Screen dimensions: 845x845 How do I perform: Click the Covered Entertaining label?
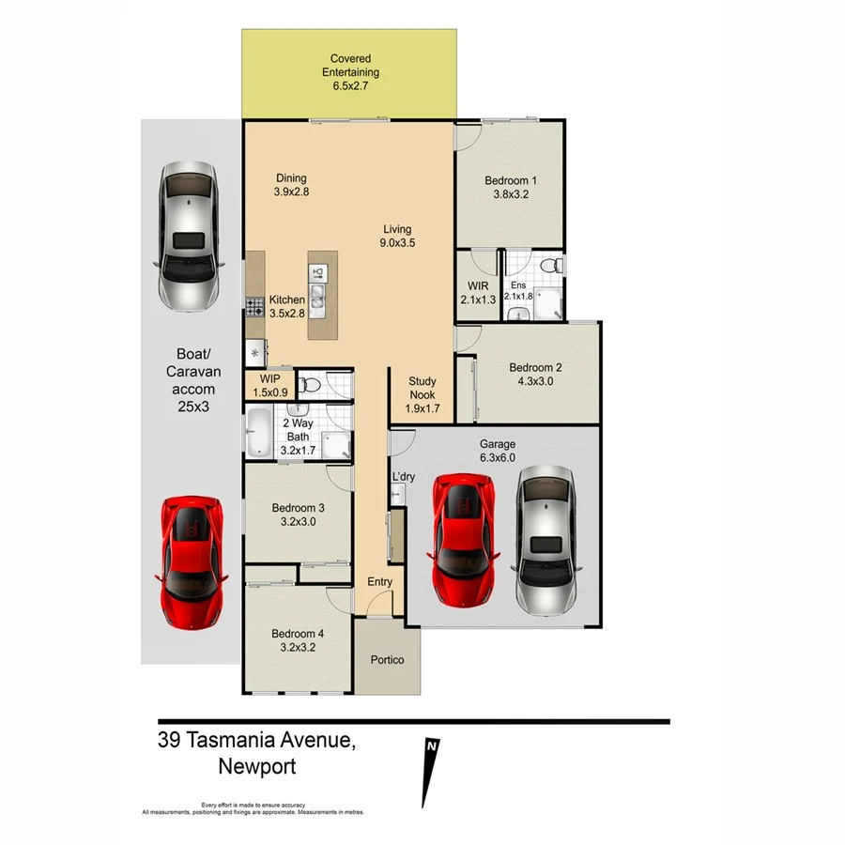click(350, 72)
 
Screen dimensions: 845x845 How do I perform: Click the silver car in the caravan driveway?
click(189, 236)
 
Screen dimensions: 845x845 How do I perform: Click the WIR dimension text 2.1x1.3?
click(477, 300)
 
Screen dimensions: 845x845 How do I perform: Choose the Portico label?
click(387, 660)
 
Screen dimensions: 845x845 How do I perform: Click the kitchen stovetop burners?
click(253, 304)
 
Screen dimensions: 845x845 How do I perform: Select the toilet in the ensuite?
click(556, 266)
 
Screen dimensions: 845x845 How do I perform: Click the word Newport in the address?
click(256, 767)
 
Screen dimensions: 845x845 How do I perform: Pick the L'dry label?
click(403, 477)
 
